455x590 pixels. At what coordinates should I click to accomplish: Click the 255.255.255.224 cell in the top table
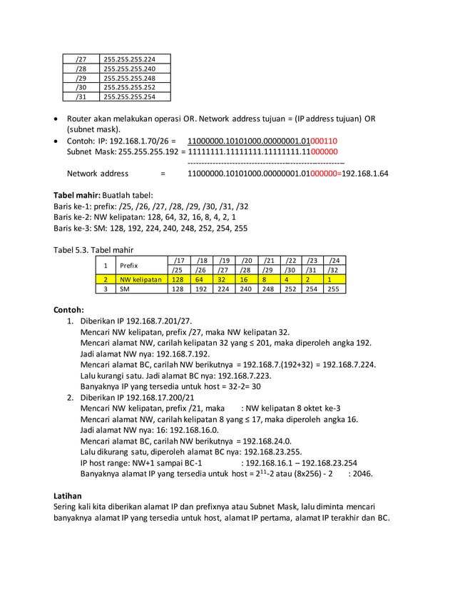130,59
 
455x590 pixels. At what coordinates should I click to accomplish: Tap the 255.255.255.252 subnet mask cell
130,87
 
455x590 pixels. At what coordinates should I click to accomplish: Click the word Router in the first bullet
80,119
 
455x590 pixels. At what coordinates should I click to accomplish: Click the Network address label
98,173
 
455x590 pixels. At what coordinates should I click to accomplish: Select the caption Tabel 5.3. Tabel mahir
93,250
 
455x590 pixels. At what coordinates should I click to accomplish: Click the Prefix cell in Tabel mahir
128,265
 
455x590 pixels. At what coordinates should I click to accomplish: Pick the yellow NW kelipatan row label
140,280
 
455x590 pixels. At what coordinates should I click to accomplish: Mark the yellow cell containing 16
246,280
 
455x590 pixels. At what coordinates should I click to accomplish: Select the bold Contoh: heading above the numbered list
69,310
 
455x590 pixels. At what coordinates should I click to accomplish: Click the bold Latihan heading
68,495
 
